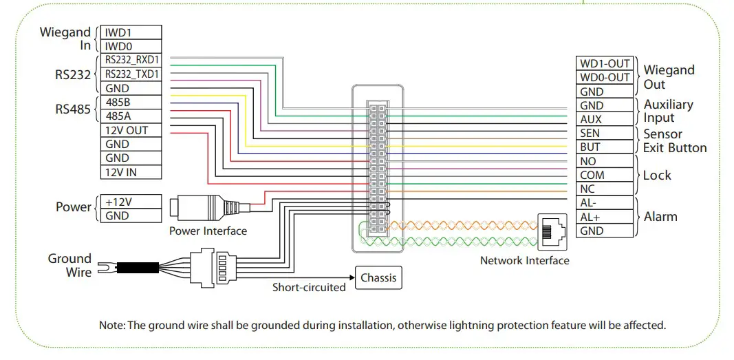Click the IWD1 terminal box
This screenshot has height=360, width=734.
click(131, 32)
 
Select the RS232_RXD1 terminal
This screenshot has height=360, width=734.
click(131, 61)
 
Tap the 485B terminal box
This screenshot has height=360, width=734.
click(131, 103)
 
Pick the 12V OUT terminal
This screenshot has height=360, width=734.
click(131, 130)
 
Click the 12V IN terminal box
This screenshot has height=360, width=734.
click(131, 172)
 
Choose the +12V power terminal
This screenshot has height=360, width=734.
click(131, 202)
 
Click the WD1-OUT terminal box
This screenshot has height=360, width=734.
click(604, 63)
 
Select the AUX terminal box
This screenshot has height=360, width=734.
click(604, 119)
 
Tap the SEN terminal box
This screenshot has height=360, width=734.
click(604, 133)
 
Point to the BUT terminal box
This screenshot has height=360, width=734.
click(604, 147)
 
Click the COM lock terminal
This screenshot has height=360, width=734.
click(604, 175)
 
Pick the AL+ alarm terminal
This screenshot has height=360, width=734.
click(604, 217)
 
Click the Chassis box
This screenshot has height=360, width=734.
click(378, 278)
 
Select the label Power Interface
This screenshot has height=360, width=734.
click(208, 231)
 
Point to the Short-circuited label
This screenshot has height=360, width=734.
click(309, 288)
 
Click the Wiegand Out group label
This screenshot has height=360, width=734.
click(669, 77)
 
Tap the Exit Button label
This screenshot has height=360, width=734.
click(674, 147)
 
